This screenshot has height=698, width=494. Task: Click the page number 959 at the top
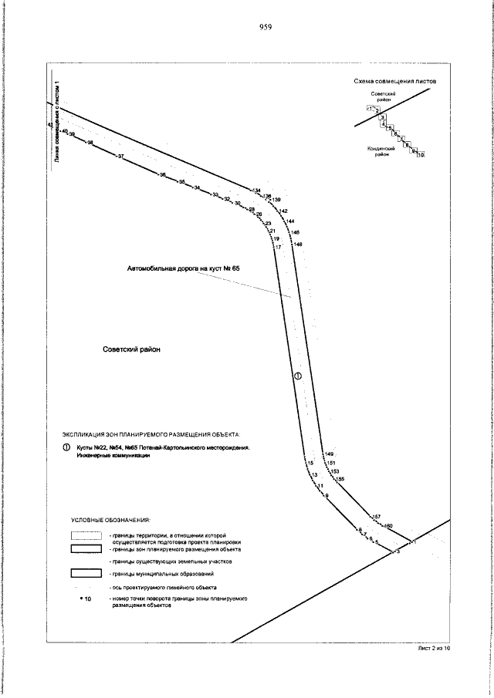click(x=266, y=27)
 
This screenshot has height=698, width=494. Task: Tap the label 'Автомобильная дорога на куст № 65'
click(x=184, y=268)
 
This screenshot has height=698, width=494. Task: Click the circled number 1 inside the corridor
click(x=297, y=376)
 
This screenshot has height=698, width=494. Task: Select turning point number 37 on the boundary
click(x=120, y=157)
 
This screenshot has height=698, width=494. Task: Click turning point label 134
click(x=257, y=191)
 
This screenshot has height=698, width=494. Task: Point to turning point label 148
click(x=298, y=244)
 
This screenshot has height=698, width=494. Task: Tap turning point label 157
click(x=377, y=516)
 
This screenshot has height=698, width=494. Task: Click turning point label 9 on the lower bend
click(x=327, y=495)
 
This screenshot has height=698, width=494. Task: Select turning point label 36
click(x=162, y=175)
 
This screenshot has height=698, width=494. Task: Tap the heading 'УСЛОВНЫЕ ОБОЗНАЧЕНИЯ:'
click(x=110, y=520)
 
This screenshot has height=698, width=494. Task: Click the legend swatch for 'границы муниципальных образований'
click(x=86, y=573)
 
